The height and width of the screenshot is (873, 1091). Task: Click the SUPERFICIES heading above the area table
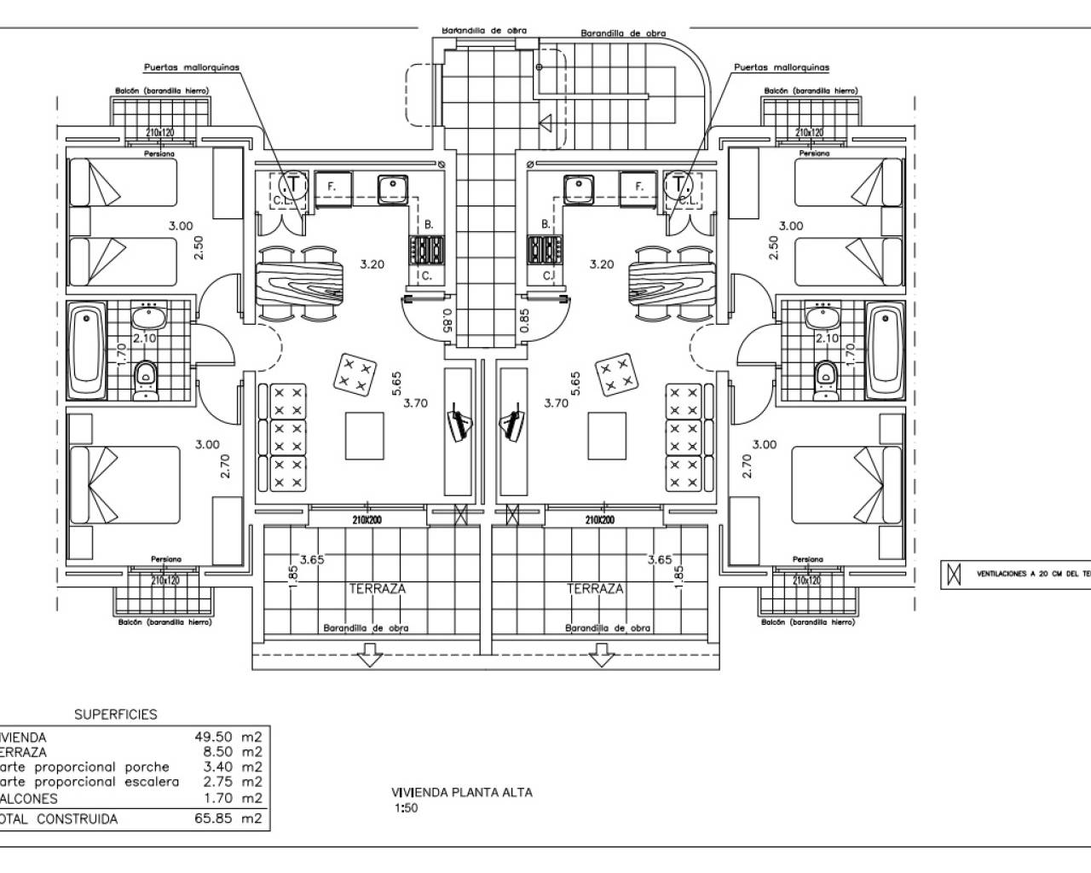(x=116, y=714)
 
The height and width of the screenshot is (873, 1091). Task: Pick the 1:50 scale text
(x=405, y=809)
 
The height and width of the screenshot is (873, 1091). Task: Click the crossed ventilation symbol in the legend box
(x=949, y=575)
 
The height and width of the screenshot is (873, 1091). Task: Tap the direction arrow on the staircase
(x=546, y=124)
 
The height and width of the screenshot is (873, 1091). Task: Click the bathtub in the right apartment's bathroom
(x=883, y=351)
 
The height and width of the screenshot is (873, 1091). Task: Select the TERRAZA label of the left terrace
(x=377, y=588)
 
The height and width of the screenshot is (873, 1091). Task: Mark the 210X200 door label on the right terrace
(x=599, y=520)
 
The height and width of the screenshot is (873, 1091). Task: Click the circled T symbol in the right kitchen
(x=679, y=183)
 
